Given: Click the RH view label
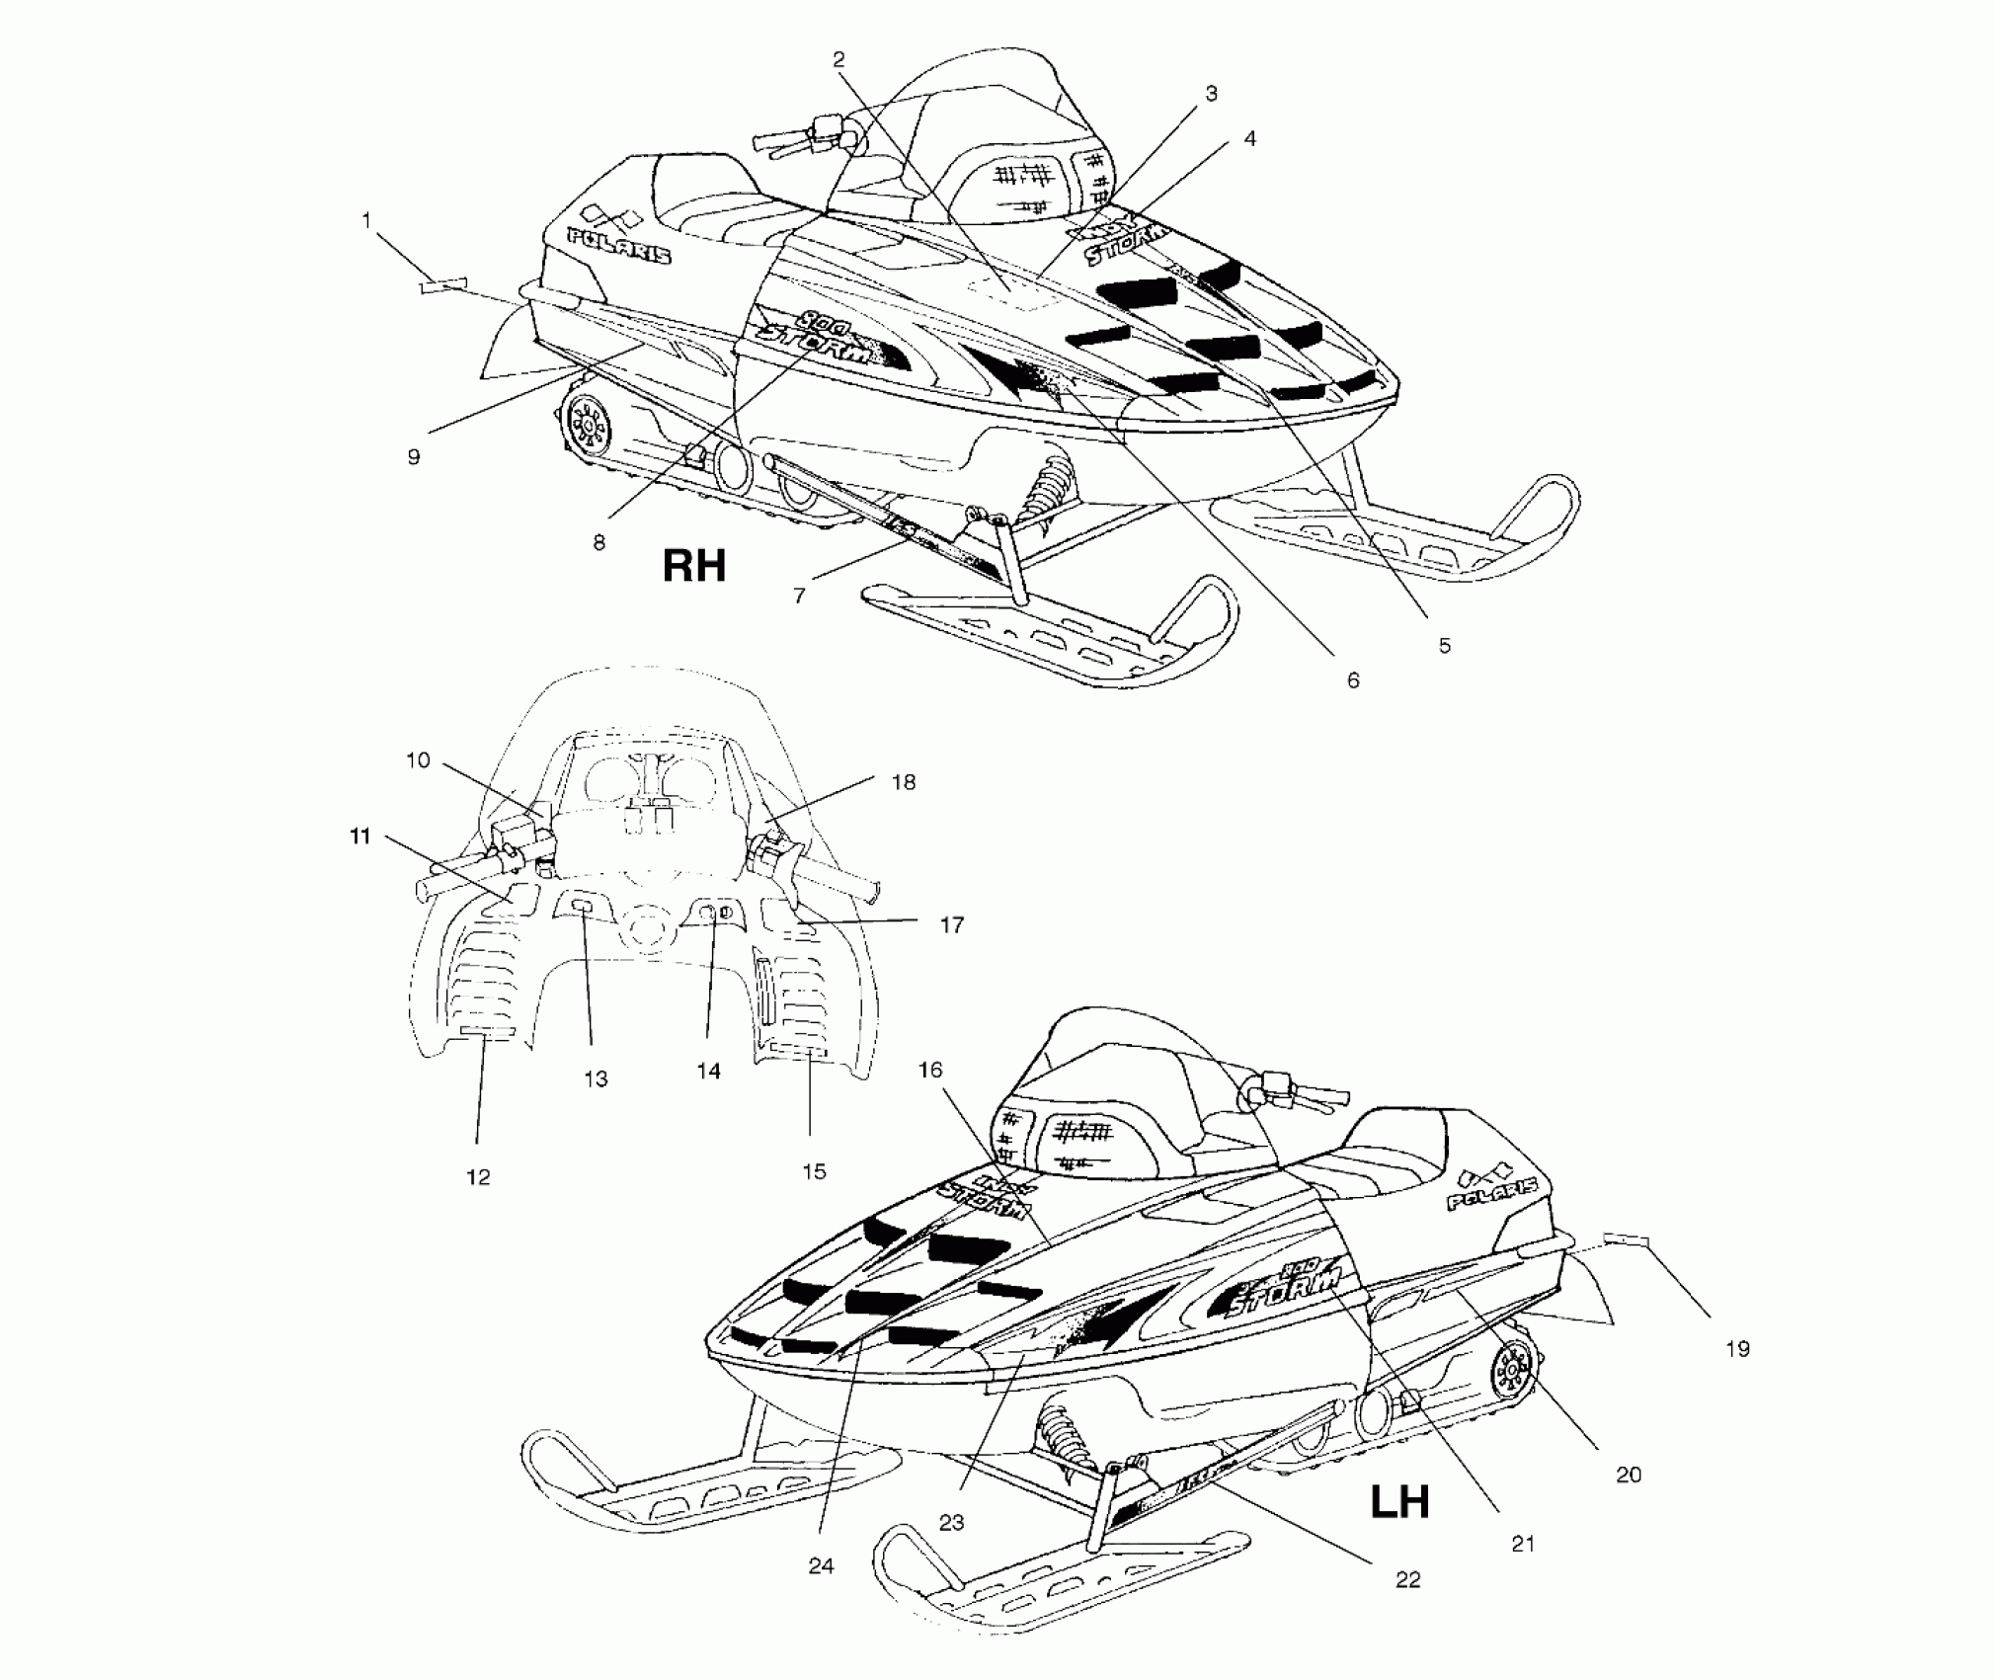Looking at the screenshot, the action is (693, 567).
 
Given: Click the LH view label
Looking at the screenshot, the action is (1399, 1502).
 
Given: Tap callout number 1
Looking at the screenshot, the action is (366, 220).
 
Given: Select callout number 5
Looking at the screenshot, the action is (1444, 646).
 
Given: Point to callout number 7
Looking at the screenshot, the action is (799, 596).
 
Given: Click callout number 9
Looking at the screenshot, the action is (414, 456).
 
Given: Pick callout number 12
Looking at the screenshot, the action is (478, 1177).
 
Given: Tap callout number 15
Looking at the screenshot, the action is (814, 1171).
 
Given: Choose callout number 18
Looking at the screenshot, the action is (903, 782).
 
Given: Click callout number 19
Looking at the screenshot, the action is (1737, 1348).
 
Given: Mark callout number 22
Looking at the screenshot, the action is (1407, 1579).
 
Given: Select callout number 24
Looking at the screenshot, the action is (821, 1565).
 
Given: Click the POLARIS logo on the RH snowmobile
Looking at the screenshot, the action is (618, 245).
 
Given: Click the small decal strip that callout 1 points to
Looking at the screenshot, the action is (441, 286).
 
